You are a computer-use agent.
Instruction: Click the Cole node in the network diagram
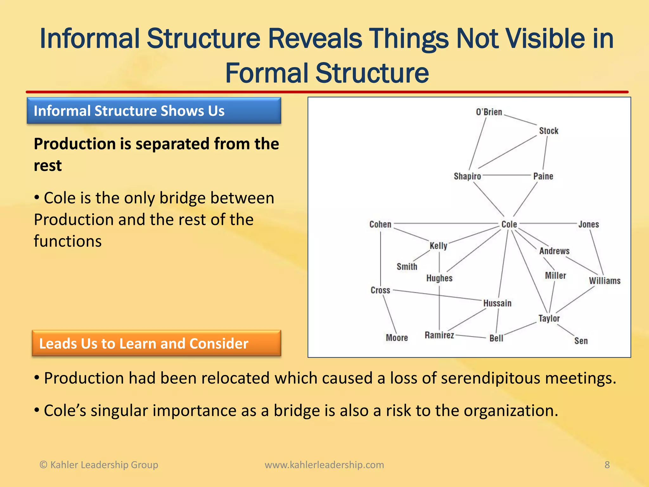tap(509, 224)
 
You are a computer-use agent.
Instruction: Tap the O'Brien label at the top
tap(489, 112)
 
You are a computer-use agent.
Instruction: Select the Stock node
tap(549, 131)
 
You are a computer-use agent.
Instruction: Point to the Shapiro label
tap(467, 176)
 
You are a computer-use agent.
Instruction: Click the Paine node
tap(543, 176)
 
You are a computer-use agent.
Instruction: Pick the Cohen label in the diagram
tap(380, 224)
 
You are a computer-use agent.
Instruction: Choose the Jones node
tap(588, 224)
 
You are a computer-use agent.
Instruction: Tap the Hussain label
tap(497, 303)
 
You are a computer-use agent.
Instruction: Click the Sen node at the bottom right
tap(581, 341)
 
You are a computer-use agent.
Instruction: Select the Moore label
tap(396, 338)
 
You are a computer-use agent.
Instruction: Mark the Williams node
tap(604, 281)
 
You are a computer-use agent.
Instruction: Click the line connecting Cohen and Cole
tap(444, 224)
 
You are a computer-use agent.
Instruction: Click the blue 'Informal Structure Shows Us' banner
tap(154, 111)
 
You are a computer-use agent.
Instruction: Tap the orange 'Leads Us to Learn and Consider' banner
tap(156, 343)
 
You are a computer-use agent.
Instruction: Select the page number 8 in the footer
tap(607, 465)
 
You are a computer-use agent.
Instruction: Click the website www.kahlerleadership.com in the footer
tap(324, 465)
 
